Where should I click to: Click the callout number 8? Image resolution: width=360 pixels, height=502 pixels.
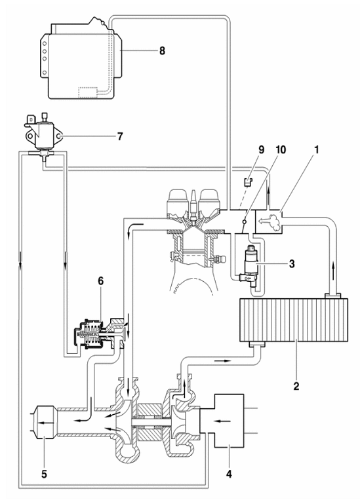tap(162, 50)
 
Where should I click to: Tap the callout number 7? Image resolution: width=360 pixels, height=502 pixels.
tap(120, 137)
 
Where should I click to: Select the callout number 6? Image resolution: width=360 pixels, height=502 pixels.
tap(100, 281)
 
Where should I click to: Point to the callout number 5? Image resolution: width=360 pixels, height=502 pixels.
tap(44, 474)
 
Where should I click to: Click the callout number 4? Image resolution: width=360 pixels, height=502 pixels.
tap(229, 474)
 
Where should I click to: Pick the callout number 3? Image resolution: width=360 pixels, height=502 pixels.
tap(291, 264)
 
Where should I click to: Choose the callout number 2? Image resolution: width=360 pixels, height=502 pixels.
tap(296, 386)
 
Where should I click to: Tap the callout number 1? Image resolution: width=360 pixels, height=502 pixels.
tap(316, 150)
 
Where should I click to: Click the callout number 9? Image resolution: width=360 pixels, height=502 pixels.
tap(262, 150)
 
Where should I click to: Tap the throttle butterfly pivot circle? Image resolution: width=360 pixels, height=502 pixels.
tap(245, 222)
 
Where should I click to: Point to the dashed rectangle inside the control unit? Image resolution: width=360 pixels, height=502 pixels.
tap(88, 91)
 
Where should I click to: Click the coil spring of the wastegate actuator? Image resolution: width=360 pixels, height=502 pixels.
tap(90, 335)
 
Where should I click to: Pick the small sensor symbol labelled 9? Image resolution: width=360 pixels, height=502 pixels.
tap(247, 182)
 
